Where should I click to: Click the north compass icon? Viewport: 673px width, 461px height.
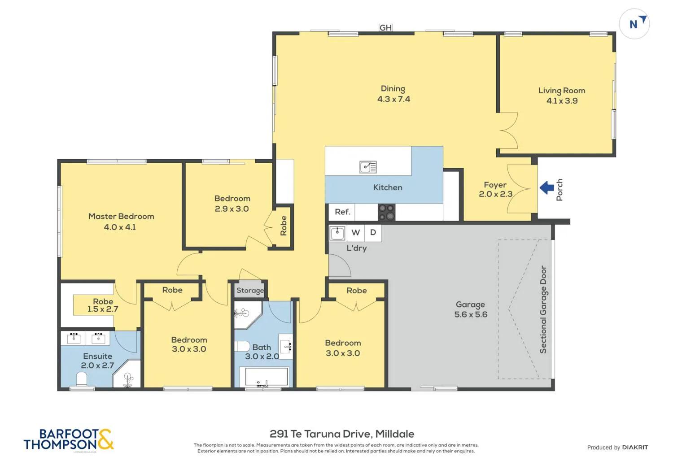634,23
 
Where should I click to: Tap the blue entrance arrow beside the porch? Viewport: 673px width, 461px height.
546,187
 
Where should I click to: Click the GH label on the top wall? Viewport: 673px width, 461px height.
385,28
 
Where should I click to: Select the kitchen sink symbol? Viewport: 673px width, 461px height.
368,167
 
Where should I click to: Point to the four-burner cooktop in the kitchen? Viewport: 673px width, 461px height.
386,212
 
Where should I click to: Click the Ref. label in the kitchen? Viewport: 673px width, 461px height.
342,212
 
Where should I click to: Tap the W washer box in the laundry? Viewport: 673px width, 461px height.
356,232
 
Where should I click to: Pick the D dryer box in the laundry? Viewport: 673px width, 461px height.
373,232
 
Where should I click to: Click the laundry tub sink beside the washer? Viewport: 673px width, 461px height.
337,233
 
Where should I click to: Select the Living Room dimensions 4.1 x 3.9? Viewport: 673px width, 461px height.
562,101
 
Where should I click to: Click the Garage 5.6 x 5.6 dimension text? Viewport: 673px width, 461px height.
471,314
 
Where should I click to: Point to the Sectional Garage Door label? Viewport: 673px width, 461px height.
543,309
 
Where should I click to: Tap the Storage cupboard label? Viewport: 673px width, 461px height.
250,291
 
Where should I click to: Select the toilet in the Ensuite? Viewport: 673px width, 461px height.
82,380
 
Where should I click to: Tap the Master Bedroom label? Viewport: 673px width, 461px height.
121,216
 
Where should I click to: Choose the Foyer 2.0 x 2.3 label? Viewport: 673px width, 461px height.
495,189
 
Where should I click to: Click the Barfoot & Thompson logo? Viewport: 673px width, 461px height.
69,439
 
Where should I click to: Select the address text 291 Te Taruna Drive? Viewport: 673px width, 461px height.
320,434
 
